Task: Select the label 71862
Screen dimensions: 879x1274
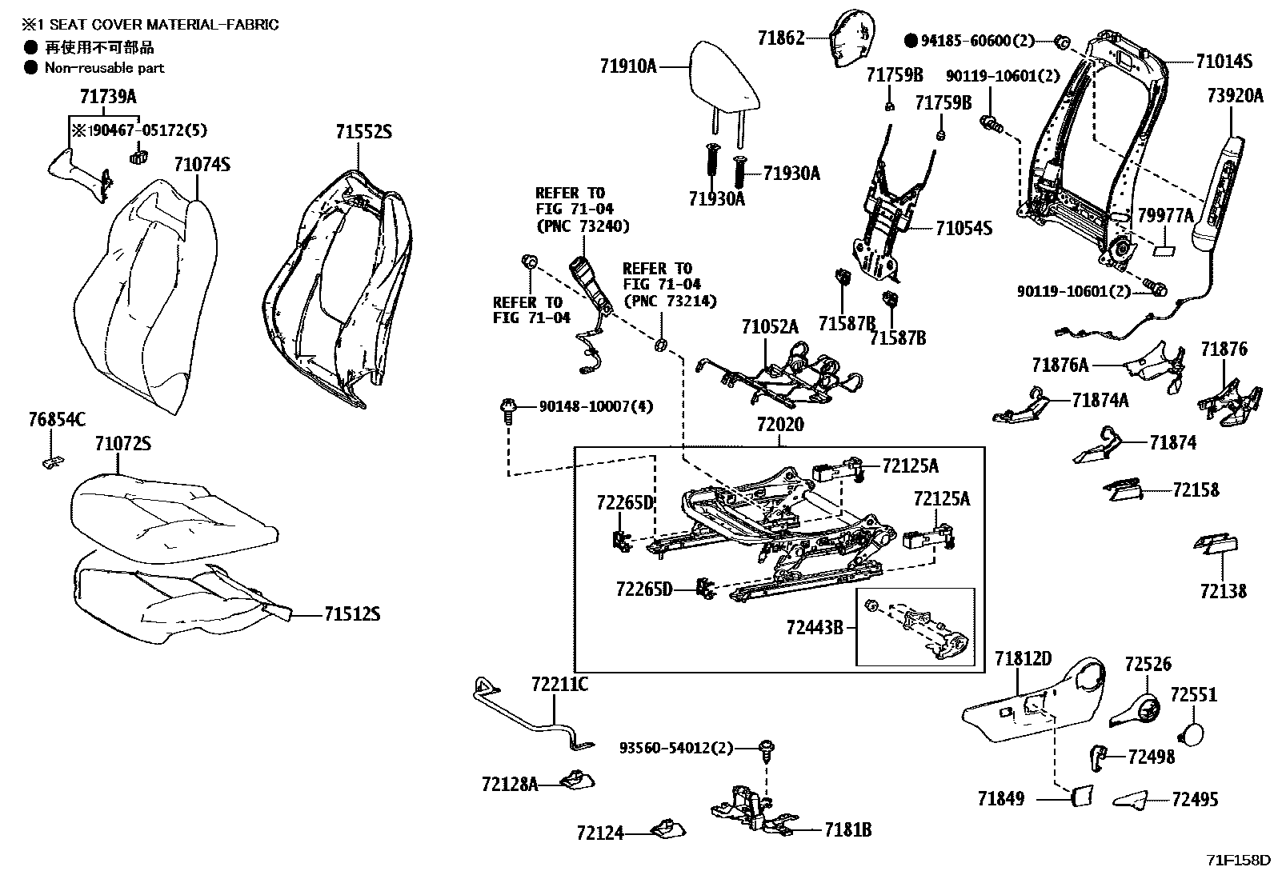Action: point(781,37)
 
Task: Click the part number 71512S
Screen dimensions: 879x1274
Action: point(351,614)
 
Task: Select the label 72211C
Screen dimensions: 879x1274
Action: point(559,685)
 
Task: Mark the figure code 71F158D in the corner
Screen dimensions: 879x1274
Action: point(1238,861)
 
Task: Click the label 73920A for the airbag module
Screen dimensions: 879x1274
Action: point(1235,96)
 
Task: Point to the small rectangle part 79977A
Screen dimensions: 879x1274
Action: point(1164,250)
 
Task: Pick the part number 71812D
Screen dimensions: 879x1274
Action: point(1023,659)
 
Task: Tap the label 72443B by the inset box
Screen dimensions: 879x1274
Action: point(815,627)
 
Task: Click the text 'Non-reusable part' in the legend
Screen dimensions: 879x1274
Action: point(104,68)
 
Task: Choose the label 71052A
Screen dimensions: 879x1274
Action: point(770,326)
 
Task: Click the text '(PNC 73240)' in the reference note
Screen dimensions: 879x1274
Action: point(582,226)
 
